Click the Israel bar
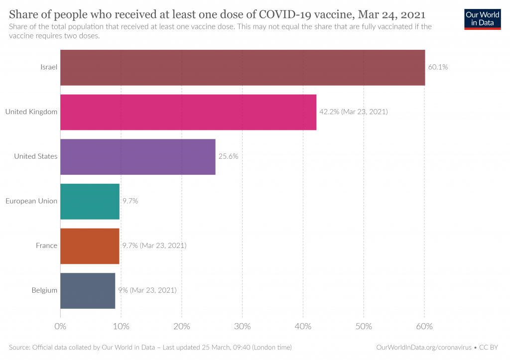(243, 68)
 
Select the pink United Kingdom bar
(188, 112)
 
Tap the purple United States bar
(138, 157)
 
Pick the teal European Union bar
(90, 201)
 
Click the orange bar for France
(90, 246)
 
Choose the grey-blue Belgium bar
(88, 290)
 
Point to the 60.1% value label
(438, 67)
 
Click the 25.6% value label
(228, 156)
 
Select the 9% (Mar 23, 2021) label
(147, 290)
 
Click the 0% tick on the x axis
(60, 327)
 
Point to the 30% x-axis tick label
(242, 327)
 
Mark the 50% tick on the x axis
(364, 327)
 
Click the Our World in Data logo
(483, 19)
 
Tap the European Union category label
(31, 201)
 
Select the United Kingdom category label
(31, 112)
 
